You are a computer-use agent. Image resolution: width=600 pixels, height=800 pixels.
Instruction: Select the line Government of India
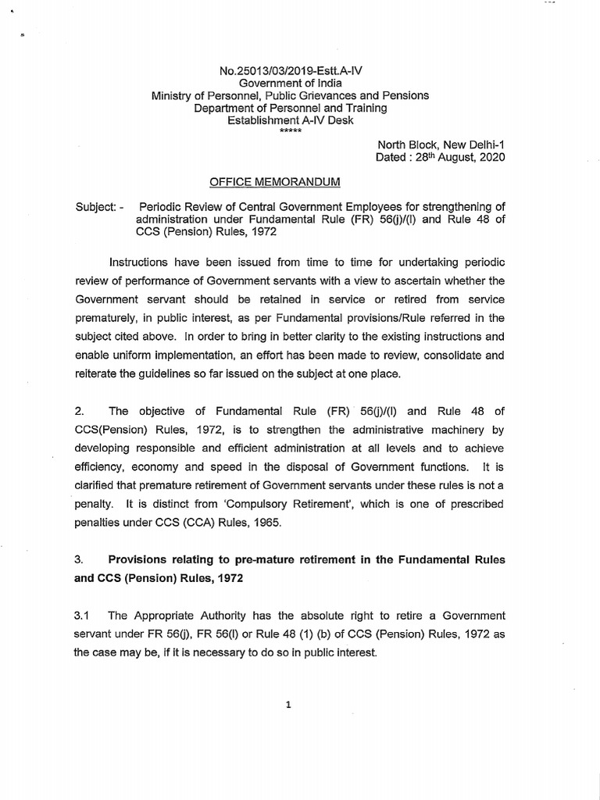point(290,83)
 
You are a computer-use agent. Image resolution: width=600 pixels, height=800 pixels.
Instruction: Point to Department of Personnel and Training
point(290,108)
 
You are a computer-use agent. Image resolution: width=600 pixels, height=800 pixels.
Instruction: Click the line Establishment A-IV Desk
point(290,120)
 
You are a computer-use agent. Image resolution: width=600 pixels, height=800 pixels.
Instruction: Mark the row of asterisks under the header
point(290,130)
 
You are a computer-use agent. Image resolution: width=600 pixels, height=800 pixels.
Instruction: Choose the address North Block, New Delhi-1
point(441,145)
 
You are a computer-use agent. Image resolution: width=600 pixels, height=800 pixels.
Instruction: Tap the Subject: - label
point(99,207)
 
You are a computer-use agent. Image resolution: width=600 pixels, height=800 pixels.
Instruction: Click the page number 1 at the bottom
point(288,705)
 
